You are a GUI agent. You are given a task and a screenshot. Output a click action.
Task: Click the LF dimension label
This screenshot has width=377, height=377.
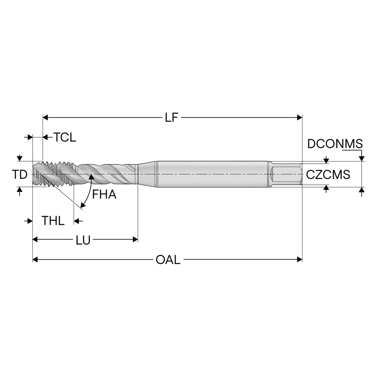pos(171,118)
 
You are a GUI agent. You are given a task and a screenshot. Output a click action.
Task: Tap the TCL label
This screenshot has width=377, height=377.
pos(65,137)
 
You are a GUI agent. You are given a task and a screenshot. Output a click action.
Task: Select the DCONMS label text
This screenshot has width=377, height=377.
pos(335,144)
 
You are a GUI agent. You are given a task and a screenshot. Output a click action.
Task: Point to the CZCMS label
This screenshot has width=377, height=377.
pos(328,175)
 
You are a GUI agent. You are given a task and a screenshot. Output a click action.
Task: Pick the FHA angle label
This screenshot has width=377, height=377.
pos(104,195)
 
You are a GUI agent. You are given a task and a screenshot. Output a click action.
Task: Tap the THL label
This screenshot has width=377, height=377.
pos(53,221)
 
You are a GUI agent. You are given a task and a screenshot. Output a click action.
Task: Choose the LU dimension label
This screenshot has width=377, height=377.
pos(83,240)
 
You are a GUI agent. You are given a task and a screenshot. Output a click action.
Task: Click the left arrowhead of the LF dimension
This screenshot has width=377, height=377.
pos(45,118)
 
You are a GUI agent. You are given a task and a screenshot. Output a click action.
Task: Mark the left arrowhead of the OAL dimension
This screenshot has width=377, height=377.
pos(35,259)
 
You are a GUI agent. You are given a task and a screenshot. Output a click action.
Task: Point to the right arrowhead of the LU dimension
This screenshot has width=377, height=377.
pos(135,239)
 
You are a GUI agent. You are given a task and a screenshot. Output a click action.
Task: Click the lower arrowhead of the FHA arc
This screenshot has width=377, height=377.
pos(83,205)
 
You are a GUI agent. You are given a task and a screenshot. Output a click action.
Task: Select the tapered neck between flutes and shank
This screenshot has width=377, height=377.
pos(148,174)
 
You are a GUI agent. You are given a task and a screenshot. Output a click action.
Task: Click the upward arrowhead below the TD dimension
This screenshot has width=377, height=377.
pos(19,190)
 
